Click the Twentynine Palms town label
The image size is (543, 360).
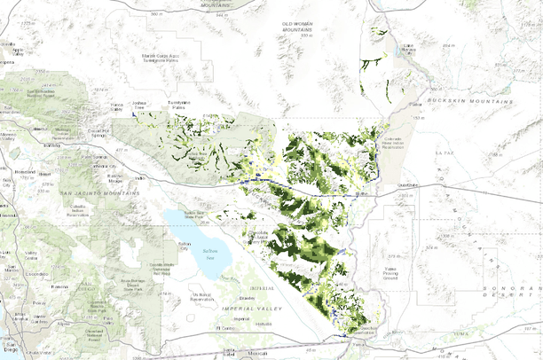pos(179,106)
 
